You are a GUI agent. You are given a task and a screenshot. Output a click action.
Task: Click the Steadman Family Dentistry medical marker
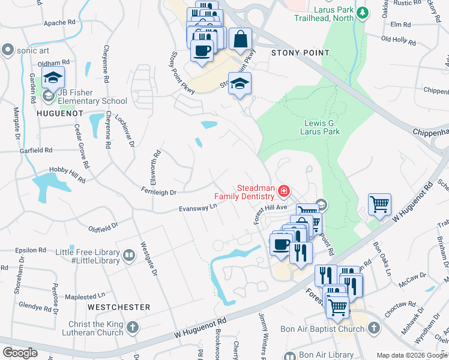(x=283, y=192)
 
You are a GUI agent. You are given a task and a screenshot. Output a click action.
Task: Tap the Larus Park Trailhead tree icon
(x=362, y=12)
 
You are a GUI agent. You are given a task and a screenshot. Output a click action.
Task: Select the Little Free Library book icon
(x=128, y=257)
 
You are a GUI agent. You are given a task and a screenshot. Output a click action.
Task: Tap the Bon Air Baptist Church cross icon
(x=373, y=328)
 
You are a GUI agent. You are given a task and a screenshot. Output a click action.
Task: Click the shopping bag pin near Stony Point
(x=240, y=40)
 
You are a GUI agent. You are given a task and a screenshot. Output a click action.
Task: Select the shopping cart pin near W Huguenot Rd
(x=379, y=205)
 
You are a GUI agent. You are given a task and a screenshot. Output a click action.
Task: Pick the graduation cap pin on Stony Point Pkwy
(x=240, y=84)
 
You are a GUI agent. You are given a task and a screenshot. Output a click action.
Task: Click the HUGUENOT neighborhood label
(x=59, y=113)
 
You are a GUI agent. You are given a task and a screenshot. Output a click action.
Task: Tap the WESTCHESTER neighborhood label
(x=119, y=307)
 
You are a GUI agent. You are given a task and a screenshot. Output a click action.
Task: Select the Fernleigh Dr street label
(x=156, y=193)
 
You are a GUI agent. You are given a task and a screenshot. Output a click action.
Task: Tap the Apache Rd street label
(x=59, y=23)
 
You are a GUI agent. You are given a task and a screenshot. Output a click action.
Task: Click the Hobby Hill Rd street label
(x=67, y=175)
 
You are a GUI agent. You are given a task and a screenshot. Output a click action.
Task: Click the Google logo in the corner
(x=20, y=353)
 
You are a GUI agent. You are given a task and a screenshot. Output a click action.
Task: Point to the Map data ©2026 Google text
(x=411, y=355)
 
